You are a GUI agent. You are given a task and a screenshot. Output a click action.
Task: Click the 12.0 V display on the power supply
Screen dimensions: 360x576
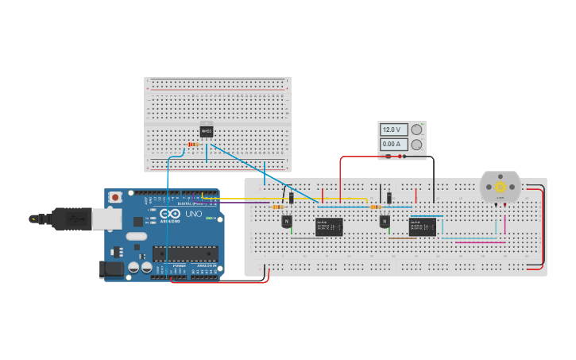pyautogui.click(x=394, y=130)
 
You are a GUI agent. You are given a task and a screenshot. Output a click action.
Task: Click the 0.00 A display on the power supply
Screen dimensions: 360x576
pyautogui.click(x=394, y=145)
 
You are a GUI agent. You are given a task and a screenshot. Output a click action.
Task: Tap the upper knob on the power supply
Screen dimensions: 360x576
pyautogui.click(x=416, y=130)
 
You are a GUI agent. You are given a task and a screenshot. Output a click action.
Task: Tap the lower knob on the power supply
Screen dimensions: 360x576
pyautogui.click(x=416, y=145)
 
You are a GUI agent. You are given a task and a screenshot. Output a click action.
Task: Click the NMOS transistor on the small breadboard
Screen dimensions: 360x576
pyautogui.click(x=207, y=131)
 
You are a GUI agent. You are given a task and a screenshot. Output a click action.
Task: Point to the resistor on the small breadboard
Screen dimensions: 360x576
pyautogui.click(x=192, y=144)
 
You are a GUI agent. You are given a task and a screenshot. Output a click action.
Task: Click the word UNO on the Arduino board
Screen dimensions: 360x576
pyautogui.click(x=194, y=215)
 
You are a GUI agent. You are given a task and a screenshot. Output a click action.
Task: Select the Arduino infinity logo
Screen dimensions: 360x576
pyautogui.click(x=170, y=214)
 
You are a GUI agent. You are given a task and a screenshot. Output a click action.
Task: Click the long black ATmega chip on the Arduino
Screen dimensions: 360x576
pyautogui.click(x=186, y=254)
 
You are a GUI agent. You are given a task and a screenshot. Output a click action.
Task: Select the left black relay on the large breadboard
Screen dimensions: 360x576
pyautogui.click(x=329, y=226)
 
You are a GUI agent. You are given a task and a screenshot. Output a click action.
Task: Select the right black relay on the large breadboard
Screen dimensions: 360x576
pyautogui.click(x=422, y=226)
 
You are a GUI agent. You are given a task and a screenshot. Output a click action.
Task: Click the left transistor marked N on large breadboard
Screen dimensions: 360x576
pyautogui.click(x=287, y=222)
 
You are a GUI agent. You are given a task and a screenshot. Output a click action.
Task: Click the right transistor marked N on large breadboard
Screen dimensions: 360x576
pyautogui.click(x=385, y=222)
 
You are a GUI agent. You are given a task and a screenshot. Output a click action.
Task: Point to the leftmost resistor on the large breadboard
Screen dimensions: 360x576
pyautogui.click(x=279, y=207)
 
